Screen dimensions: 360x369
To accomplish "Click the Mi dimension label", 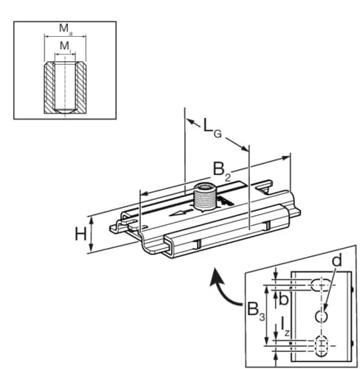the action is tap(65, 46).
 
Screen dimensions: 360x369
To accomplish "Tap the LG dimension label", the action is tap(212, 128).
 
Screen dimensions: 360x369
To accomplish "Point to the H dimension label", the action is tap(80, 234).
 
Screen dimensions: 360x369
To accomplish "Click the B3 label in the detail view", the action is tap(256, 311).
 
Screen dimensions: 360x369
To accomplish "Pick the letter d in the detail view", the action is tap(337, 261).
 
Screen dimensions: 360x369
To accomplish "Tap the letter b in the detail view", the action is tap(283, 299).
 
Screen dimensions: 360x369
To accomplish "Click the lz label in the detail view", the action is tap(285, 327).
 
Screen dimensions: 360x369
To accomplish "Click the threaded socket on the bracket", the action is tap(204, 198).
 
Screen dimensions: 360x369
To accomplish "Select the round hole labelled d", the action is tap(321, 317).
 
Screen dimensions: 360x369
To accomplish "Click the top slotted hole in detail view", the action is tap(321, 285).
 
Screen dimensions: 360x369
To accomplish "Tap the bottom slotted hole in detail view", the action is tap(321, 346).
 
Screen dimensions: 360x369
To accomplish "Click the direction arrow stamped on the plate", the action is tap(181, 213).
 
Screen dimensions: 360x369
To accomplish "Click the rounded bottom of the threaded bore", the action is tap(65, 111).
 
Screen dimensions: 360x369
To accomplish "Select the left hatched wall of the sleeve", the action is tap(49, 88).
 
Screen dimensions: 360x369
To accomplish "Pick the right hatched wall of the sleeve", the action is tap(81, 88).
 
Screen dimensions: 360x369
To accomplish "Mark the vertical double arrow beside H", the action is tap(91, 234).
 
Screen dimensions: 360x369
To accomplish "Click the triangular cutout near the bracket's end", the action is tap(263, 190).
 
